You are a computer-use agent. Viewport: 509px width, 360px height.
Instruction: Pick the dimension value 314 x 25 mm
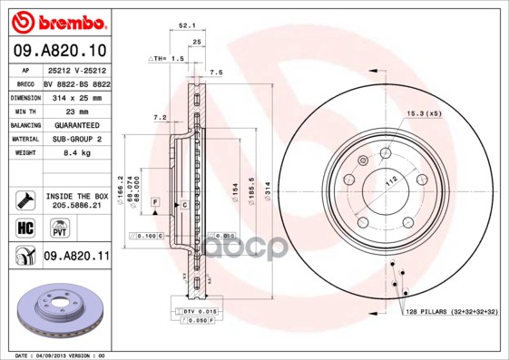click(x=75, y=95)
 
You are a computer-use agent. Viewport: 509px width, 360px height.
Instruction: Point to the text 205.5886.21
click(x=76, y=206)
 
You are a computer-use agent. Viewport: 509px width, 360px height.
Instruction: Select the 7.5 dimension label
click(x=216, y=72)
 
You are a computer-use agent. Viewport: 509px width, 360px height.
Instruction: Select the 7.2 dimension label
click(x=160, y=117)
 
